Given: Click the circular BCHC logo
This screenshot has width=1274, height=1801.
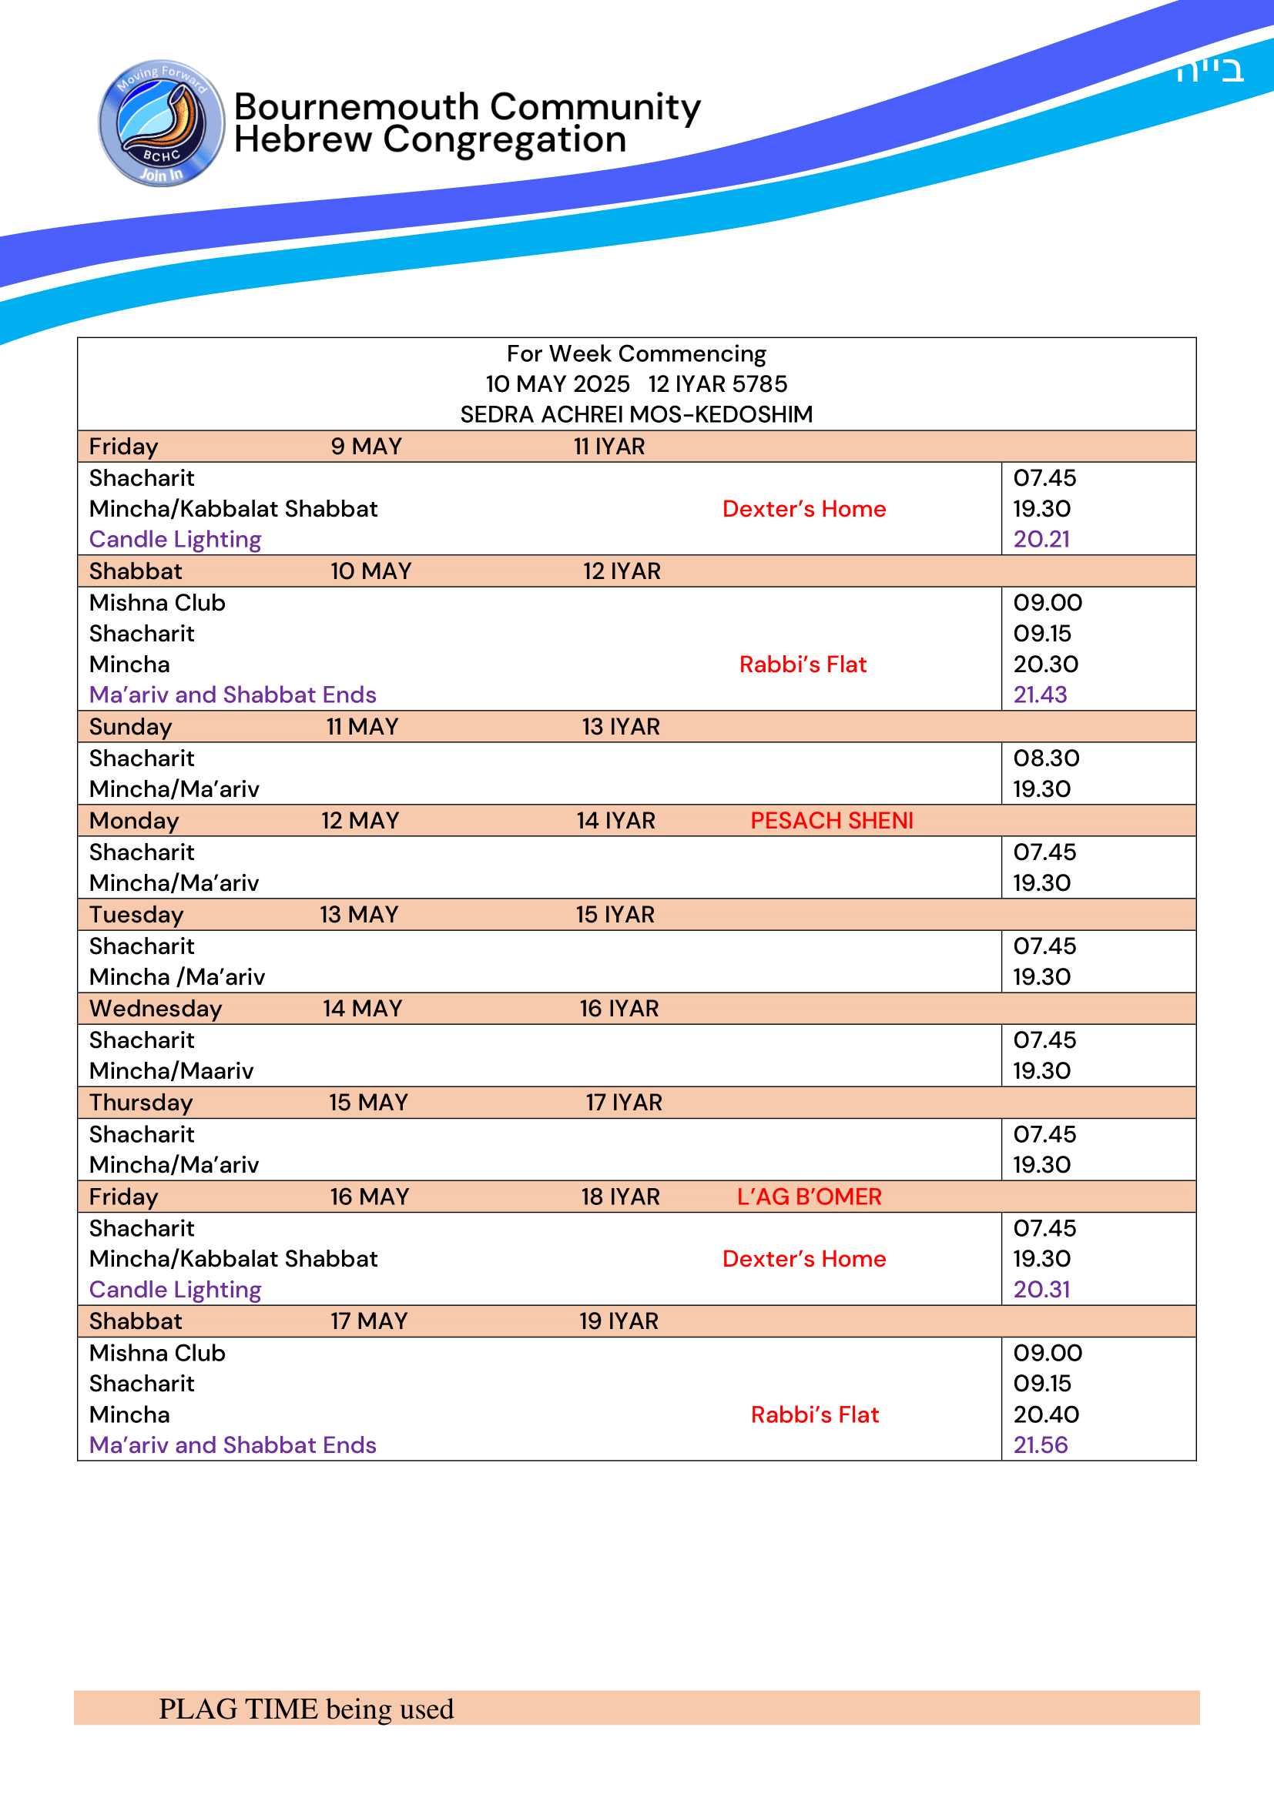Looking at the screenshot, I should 162,123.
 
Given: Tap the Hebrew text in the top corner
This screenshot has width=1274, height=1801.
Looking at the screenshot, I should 1209,72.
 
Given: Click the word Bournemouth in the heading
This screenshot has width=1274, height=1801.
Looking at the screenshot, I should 356,107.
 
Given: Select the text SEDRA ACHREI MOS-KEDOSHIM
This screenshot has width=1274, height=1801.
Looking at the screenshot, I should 636,414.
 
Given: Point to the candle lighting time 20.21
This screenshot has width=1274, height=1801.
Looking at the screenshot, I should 1041,540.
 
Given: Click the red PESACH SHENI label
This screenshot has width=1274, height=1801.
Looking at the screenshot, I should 832,821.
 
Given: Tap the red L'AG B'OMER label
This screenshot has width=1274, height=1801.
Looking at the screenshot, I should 809,1197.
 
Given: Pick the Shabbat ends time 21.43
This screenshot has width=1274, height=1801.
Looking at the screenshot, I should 1040,695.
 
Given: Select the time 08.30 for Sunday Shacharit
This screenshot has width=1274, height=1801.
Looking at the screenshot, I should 1046,758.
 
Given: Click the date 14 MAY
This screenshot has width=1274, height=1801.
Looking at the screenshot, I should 363,1009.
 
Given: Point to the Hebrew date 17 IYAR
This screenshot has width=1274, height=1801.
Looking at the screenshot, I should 624,1103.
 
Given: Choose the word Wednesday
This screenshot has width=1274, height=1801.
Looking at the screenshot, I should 156,1009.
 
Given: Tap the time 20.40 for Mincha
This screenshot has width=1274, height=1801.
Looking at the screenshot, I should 1046,1414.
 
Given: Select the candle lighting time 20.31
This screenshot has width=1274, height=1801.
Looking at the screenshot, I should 1041,1290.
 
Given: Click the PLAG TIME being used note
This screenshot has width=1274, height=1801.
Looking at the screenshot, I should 306,1709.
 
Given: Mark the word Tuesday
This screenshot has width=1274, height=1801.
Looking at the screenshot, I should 136,915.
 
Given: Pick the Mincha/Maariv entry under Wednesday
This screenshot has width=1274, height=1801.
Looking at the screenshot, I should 171,1071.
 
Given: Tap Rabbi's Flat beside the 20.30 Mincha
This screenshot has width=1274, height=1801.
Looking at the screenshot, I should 803,664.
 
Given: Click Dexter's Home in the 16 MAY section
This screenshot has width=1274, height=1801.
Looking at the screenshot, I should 804,1259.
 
